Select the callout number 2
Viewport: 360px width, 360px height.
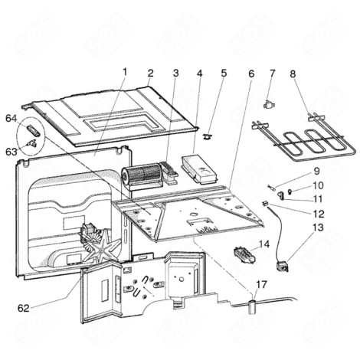[150, 74]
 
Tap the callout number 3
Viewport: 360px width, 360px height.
[175, 74]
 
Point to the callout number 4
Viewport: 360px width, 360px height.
[199, 74]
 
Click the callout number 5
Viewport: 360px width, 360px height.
[224, 74]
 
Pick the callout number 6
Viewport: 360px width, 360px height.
[250, 74]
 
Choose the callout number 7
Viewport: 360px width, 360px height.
[271, 74]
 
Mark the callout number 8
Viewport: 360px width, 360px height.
[293, 74]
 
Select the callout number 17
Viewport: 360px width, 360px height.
[260, 285]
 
